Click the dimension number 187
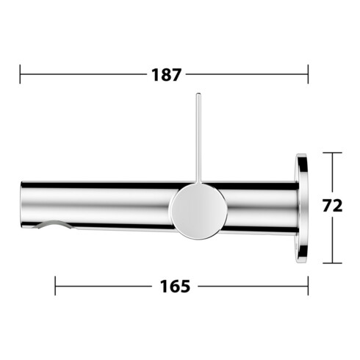pos(167,74)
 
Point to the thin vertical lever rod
pos(198,140)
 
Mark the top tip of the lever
pos(198,96)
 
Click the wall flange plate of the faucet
pos(302,207)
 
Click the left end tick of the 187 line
pos(21,74)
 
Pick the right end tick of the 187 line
pos(308,74)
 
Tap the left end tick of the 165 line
pos(56,285)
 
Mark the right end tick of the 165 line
pos(309,285)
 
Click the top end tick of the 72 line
pos(333,152)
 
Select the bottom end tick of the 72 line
pos(333,262)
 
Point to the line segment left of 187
pos(81,74)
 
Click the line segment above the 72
pos(333,173)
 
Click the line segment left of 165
pos(103,285)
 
